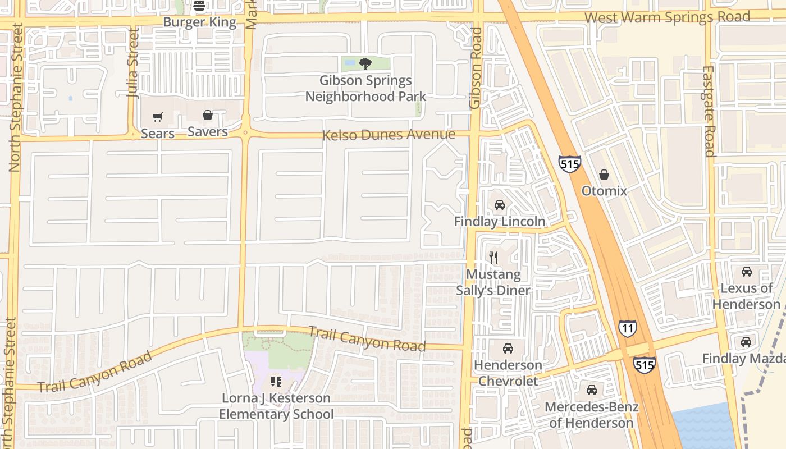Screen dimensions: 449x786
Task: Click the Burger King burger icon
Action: [x=199, y=6]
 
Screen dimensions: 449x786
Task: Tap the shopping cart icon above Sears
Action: [x=158, y=117]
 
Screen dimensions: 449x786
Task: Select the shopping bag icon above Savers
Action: [x=208, y=116]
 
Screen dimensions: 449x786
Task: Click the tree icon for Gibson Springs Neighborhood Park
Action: [x=365, y=64]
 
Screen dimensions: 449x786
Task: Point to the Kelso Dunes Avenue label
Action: [x=389, y=135]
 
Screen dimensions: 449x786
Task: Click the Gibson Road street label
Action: [x=476, y=67]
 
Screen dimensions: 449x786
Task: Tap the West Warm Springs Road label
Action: [x=667, y=17]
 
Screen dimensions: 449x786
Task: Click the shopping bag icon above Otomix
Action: [x=604, y=175]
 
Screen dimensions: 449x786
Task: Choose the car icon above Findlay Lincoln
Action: [x=500, y=205]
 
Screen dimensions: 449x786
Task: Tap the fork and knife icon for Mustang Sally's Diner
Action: [x=493, y=258]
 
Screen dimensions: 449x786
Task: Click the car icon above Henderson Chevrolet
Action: [x=508, y=349]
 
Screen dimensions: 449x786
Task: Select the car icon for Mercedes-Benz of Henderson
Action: [x=591, y=390]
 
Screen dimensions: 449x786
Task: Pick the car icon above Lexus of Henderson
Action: [x=747, y=272]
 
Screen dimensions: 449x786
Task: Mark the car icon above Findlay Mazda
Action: [x=746, y=342]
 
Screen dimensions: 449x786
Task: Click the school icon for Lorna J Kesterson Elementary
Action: [x=276, y=382]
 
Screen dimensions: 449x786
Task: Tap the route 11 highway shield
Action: [x=628, y=328]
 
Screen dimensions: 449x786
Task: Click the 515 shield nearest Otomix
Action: [x=569, y=164]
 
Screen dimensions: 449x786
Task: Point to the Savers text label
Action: [x=208, y=132]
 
